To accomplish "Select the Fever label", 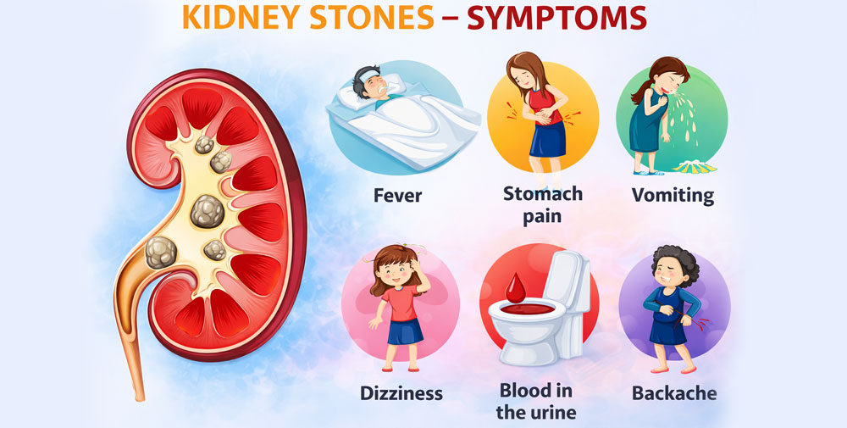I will click(x=397, y=196).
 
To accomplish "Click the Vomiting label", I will click(x=673, y=195).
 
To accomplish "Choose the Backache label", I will click(x=674, y=393).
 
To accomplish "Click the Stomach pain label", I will click(x=543, y=204).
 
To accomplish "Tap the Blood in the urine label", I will click(x=535, y=401).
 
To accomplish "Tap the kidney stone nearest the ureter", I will click(x=160, y=251).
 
